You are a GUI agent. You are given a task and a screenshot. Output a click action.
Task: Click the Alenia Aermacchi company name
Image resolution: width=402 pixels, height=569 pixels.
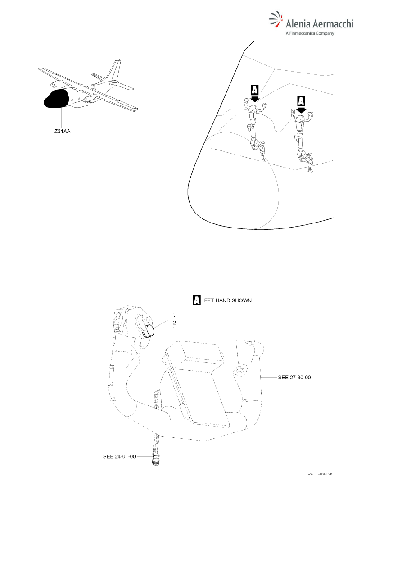(319, 23)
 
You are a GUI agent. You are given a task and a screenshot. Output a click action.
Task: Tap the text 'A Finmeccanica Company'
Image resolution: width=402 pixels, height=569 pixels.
(310, 33)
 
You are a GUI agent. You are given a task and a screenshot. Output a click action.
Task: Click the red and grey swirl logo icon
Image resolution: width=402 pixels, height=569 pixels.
(276, 19)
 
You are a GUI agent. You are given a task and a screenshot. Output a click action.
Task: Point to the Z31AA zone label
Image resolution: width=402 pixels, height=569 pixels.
(62, 132)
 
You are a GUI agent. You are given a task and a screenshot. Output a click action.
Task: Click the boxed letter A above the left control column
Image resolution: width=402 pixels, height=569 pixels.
(254, 90)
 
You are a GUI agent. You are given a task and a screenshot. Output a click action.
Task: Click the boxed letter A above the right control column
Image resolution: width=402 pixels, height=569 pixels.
(301, 101)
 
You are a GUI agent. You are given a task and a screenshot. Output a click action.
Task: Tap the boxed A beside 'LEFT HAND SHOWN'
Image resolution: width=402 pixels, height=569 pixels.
(197, 300)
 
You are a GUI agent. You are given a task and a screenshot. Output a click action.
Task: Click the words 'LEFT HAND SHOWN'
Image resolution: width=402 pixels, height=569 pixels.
(226, 300)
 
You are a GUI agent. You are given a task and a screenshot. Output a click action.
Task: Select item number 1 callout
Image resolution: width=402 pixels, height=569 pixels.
(174, 318)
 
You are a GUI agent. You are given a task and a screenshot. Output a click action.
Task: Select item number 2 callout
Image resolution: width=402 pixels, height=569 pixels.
(174, 323)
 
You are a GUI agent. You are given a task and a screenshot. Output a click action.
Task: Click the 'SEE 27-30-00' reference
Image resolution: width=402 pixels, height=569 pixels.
(294, 377)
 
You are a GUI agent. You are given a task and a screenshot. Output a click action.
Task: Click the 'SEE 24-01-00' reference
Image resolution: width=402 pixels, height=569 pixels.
(119, 456)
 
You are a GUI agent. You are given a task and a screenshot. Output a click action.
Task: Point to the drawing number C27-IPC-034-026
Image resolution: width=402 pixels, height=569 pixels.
(319, 474)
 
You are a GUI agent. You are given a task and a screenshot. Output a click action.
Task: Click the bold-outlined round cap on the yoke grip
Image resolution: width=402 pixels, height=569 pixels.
(149, 331)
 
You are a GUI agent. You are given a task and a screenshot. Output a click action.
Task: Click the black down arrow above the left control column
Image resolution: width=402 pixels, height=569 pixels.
(254, 98)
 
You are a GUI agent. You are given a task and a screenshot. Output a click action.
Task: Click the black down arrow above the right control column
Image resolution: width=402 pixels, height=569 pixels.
(301, 110)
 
